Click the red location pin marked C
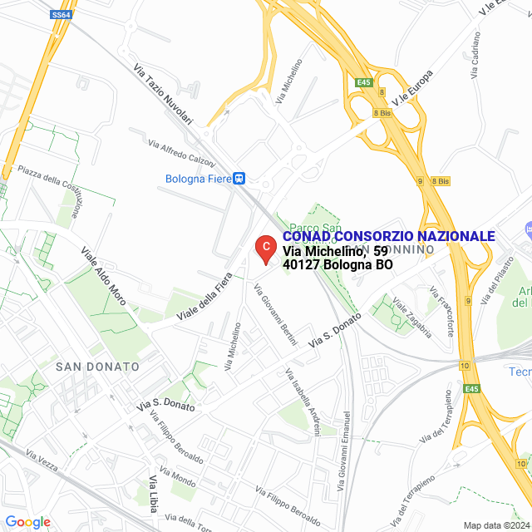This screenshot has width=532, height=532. (264, 248)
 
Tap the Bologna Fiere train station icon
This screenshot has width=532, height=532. (239, 178)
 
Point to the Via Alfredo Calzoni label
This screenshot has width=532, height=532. (181, 151)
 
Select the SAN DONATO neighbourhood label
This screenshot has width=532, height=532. (97, 367)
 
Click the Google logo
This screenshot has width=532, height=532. (27, 522)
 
